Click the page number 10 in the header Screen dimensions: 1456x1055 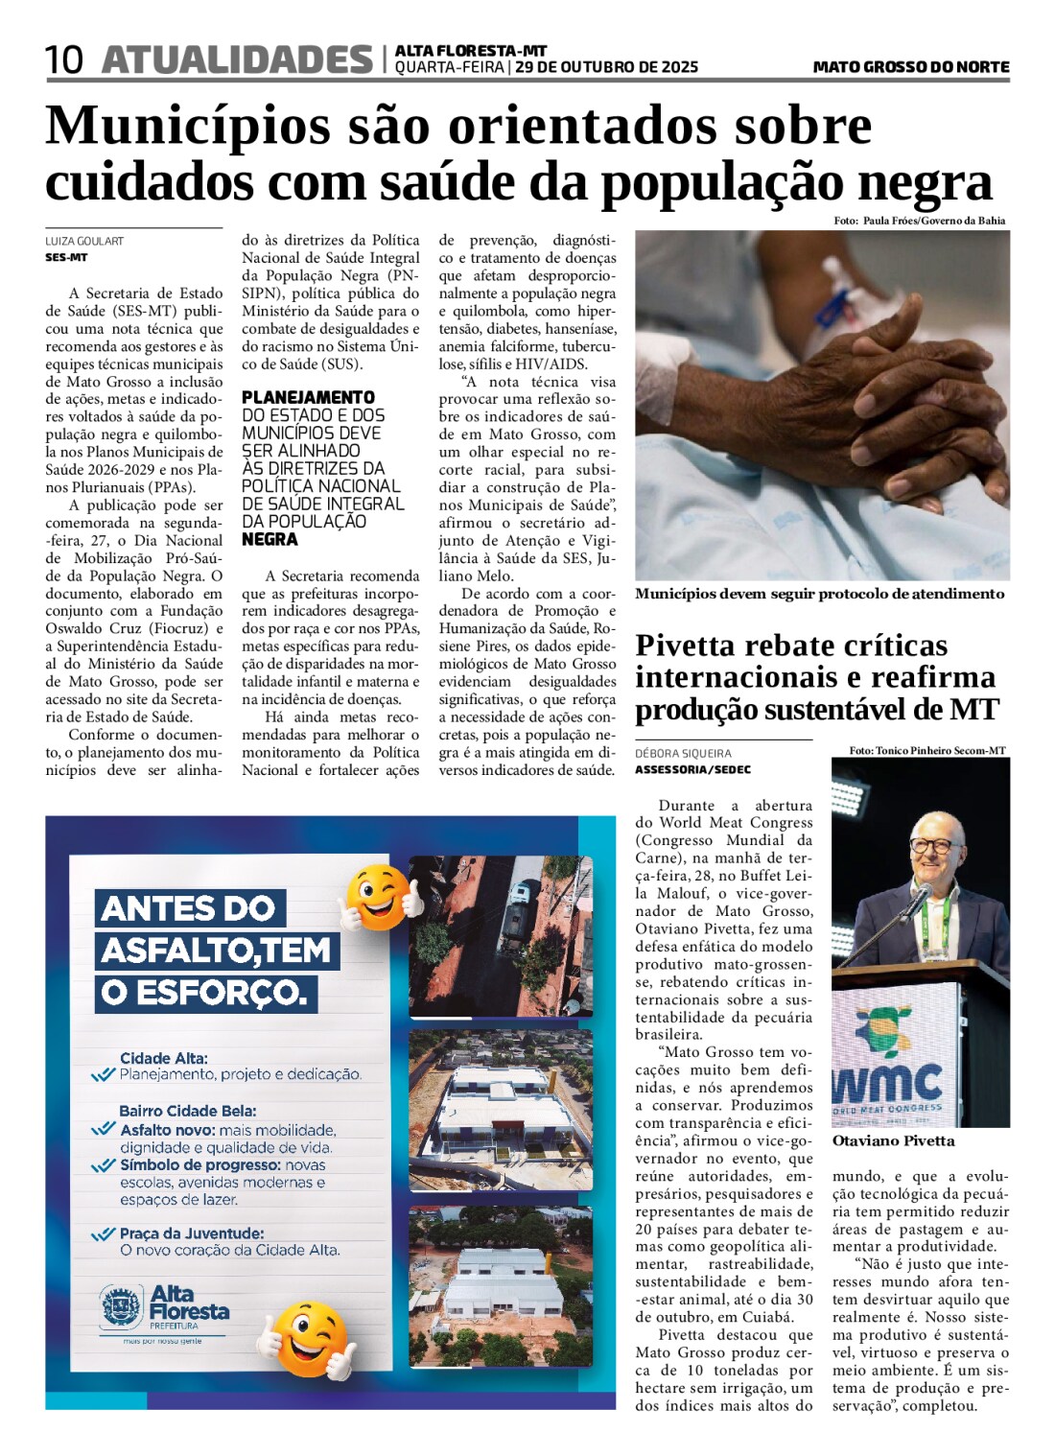[64, 60]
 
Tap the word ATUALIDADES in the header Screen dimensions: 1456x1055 [236, 59]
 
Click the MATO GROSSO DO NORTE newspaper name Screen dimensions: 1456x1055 [910, 67]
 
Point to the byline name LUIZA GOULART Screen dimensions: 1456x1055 [84, 242]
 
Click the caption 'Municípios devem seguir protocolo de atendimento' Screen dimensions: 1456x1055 [819, 594]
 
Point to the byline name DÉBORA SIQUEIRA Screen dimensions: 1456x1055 [683, 754]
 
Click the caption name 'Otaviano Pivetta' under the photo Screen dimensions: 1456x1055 [893, 1141]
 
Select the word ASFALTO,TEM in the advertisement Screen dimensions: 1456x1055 [217, 951]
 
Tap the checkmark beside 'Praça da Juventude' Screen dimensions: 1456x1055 [103, 1234]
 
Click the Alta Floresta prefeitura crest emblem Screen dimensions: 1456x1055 [121, 1306]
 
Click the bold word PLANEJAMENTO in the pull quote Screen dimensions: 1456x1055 [308, 397]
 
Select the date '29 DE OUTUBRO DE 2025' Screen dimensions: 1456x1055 [606, 67]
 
